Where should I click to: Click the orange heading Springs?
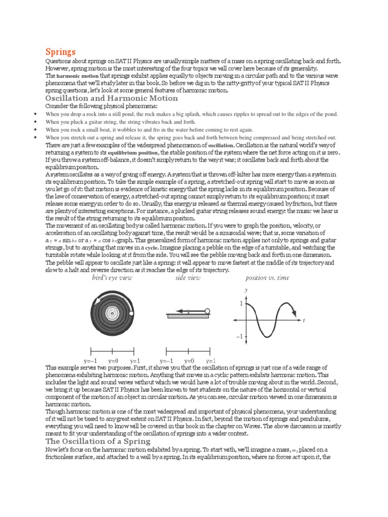click(x=61, y=51)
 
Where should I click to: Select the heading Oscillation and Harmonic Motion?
click(x=112, y=98)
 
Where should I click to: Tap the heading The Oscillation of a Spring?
click(x=98, y=441)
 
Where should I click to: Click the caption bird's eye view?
click(x=112, y=278)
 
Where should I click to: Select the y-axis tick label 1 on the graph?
click(x=241, y=304)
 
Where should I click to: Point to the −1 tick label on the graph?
click(x=239, y=336)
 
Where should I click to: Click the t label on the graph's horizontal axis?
click(x=304, y=321)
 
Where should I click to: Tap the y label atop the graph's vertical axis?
click(x=246, y=290)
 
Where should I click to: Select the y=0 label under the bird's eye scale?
click(x=113, y=361)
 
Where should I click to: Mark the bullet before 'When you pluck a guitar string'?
click(x=35, y=122)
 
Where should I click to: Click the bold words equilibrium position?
click(x=137, y=152)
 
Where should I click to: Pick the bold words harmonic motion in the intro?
click(x=76, y=76)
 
